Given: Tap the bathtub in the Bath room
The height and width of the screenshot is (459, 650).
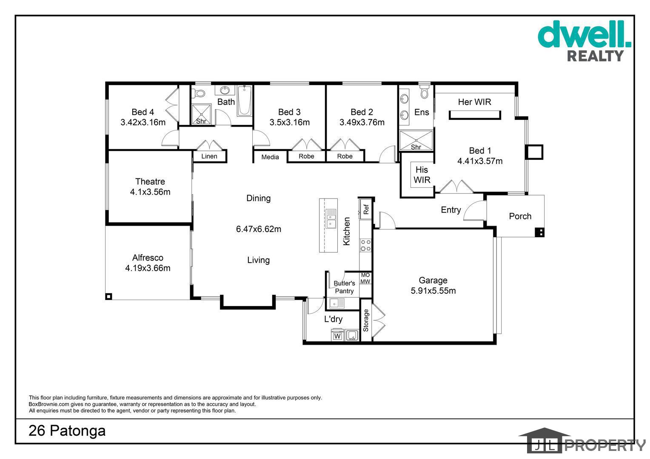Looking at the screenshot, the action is tap(245, 101).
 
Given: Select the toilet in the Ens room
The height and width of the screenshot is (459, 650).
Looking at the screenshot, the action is tap(424, 92).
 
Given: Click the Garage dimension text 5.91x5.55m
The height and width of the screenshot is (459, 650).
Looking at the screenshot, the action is tap(433, 291).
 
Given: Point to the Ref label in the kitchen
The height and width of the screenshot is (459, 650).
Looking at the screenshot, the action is tap(366, 209).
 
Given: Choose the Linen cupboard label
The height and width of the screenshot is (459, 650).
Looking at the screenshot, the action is tap(209, 156).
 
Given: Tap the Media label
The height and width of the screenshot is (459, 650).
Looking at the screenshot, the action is tap(270, 157).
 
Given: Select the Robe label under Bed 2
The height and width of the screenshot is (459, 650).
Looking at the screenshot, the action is tap(345, 156).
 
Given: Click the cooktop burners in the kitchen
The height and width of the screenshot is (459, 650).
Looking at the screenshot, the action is tap(365, 245).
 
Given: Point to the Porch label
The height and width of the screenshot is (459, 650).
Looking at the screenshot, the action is tap(520, 216).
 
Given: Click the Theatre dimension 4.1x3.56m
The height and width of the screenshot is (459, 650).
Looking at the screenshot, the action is tap(150, 192).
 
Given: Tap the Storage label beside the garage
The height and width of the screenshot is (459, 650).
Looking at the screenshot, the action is tap(366, 320).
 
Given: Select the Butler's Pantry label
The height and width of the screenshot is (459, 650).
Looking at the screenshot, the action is tap(344, 287).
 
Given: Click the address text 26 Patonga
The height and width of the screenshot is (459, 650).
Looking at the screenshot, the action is tap(67, 431).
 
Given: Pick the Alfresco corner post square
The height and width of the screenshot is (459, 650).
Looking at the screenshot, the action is tap(108, 296).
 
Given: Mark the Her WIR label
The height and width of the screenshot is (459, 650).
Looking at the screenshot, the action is tap(474, 102).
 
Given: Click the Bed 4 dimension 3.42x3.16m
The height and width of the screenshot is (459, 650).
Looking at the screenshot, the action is tap(143, 122).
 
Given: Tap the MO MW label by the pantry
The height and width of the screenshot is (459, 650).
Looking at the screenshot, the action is tap(365, 278).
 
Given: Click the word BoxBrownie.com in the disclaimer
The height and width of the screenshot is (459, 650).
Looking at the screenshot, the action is tap(49, 404).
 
